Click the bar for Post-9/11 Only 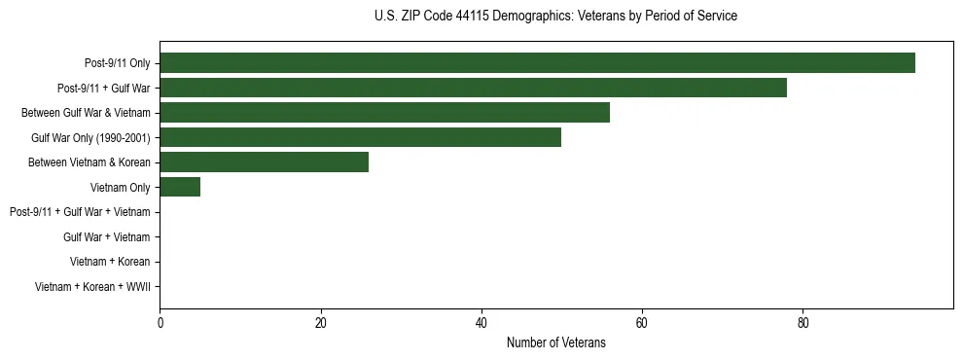click(537, 63)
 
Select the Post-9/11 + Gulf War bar click(473, 89)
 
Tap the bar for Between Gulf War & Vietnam click(384, 113)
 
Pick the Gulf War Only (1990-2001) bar click(360, 137)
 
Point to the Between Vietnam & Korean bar click(264, 162)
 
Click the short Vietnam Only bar click(180, 187)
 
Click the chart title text click(555, 17)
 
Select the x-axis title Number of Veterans click(555, 342)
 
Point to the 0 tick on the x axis click(160, 323)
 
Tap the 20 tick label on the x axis click(320, 323)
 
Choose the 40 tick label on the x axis click(481, 323)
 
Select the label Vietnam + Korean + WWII click(92, 287)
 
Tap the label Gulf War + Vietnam click(106, 237)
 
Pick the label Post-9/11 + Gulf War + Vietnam click(80, 212)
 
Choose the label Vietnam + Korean click(110, 262)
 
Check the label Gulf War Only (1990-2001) click(90, 138)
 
